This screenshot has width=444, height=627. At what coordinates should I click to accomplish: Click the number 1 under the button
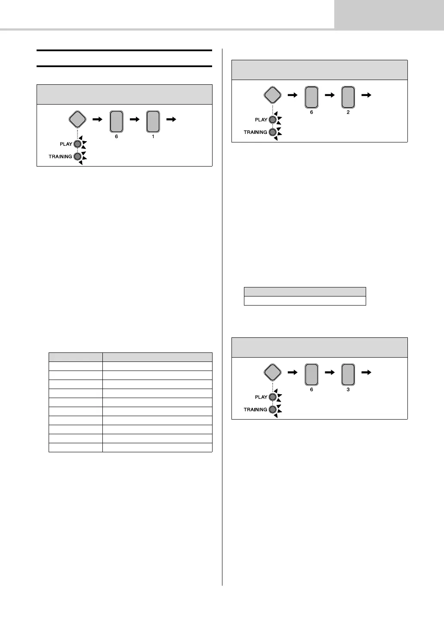153,136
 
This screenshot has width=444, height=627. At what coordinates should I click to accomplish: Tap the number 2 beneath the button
348,112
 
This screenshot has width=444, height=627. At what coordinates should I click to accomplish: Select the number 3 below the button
348,389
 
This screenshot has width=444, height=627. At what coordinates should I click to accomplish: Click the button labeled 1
153,121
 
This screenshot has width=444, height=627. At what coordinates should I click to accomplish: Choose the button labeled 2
348,97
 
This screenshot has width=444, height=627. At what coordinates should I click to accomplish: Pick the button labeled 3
348,374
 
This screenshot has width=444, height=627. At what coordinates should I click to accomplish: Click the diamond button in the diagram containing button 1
78,119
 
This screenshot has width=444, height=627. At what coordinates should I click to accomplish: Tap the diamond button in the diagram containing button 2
273,95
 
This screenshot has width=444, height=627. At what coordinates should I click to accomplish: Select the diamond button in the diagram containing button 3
273,372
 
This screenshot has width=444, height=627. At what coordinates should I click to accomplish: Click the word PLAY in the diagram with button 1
66,144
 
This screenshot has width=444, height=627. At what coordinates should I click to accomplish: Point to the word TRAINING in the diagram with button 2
256,132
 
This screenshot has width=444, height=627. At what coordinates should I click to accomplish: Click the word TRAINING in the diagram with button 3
256,409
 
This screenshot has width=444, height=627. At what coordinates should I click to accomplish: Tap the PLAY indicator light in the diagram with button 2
272,120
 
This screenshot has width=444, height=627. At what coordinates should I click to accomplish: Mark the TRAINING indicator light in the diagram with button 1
77,156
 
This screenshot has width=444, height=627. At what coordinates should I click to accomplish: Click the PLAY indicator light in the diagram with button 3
272,397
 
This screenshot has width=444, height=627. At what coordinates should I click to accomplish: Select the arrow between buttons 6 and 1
135,120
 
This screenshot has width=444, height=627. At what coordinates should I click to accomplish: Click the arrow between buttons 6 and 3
330,373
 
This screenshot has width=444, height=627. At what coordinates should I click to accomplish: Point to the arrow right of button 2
367,96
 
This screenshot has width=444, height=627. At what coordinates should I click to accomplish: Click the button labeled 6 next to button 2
311,97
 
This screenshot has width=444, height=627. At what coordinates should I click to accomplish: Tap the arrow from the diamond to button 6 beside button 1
98,120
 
